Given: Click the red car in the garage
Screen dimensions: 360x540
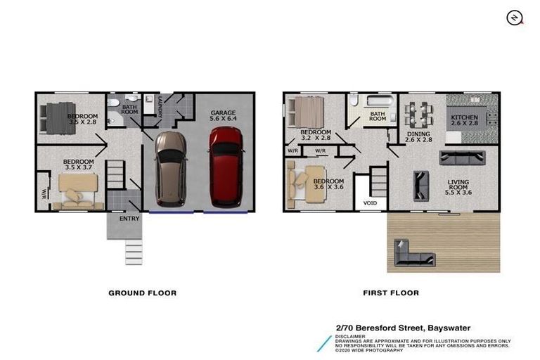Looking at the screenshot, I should pyautogui.click(x=226, y=167).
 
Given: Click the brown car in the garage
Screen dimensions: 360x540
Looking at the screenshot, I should pyautogui.click(x=171, y=167).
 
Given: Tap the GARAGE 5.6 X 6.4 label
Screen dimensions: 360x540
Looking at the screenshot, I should pyautogui.click(x=224, y=116).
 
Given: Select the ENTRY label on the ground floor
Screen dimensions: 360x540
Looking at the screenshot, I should pyautogui.click(x=129, y=218).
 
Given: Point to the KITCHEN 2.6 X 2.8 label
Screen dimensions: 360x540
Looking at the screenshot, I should pyautogui.click(x=464, y=120).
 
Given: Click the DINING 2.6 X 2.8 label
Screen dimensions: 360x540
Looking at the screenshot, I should pyautogui.click(x=419, y=137).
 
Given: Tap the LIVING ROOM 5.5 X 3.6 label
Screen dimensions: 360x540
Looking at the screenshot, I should pyautogui.click(x=458, y=186).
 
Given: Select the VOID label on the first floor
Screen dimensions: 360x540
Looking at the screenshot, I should pyautogui.click(x=370, y=204).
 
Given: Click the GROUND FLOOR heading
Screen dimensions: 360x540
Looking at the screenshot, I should pyautogui.click(x=142, y=292).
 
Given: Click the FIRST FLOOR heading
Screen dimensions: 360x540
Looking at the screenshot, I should pyautogui.click(x=390, y=292).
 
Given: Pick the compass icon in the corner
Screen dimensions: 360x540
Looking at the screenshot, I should pyautogui.click(x=515, y=18).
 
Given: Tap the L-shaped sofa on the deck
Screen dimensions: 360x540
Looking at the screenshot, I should pyautogui.click(x=411, y=255).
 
